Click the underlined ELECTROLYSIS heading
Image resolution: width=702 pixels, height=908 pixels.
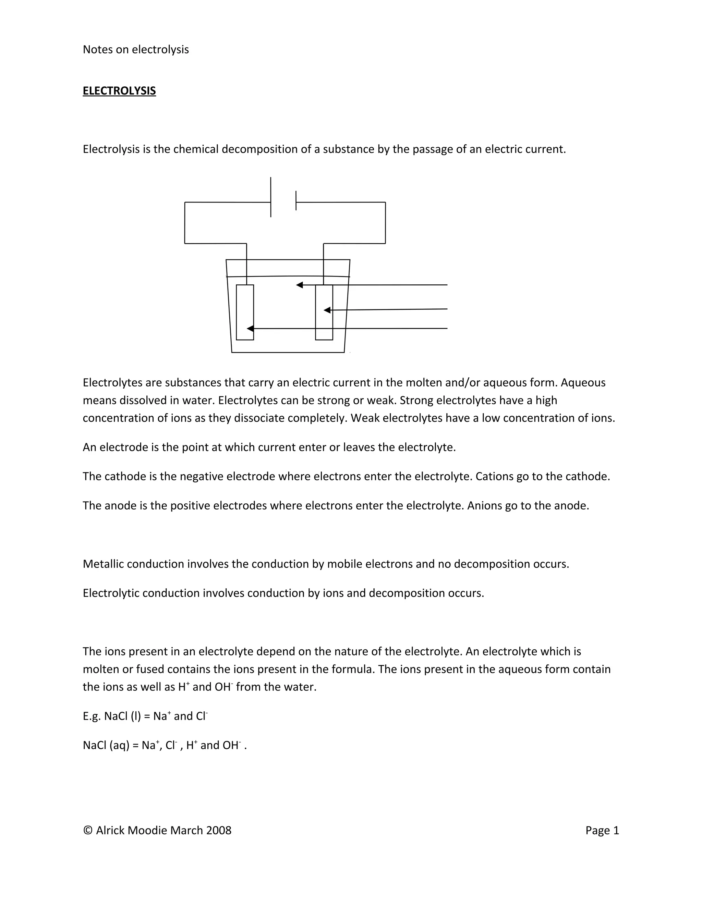[119, 91]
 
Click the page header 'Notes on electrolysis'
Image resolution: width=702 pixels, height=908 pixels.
[136, 49]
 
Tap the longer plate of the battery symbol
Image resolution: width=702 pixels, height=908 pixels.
[271, 197]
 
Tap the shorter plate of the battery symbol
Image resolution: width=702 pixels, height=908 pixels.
[296, 200]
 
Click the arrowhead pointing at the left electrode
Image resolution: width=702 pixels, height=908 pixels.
[250, 329]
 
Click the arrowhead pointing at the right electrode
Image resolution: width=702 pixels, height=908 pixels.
[327, 310]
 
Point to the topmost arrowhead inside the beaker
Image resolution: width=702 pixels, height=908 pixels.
[299, 285]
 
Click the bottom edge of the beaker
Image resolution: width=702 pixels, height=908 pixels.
[288, 352]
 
